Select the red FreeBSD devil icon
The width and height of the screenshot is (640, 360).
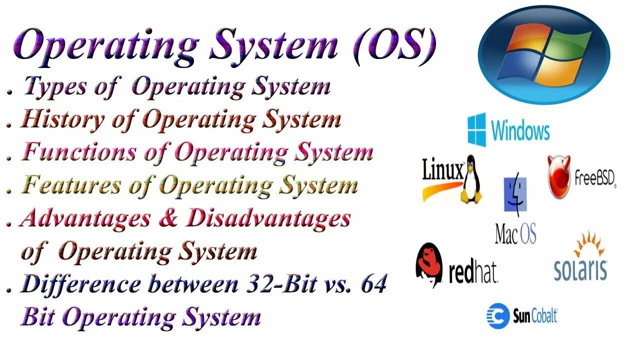[x=559, y=176]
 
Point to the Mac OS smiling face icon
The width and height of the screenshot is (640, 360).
[x=515, y=194]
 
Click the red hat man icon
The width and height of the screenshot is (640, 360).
[x=429, y=263]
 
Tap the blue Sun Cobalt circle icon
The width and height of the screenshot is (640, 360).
[x=498, y=316]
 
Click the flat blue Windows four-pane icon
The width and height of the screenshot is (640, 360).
[x=476, y=129]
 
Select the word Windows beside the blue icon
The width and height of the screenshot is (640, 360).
[x=520, y=130]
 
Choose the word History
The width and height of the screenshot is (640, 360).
[x=62, y=120]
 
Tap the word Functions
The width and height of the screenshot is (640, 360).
[x=79, y=152]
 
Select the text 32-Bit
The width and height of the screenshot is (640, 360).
[x=281, y=284]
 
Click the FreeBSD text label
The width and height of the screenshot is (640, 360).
[x=594, y=178]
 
